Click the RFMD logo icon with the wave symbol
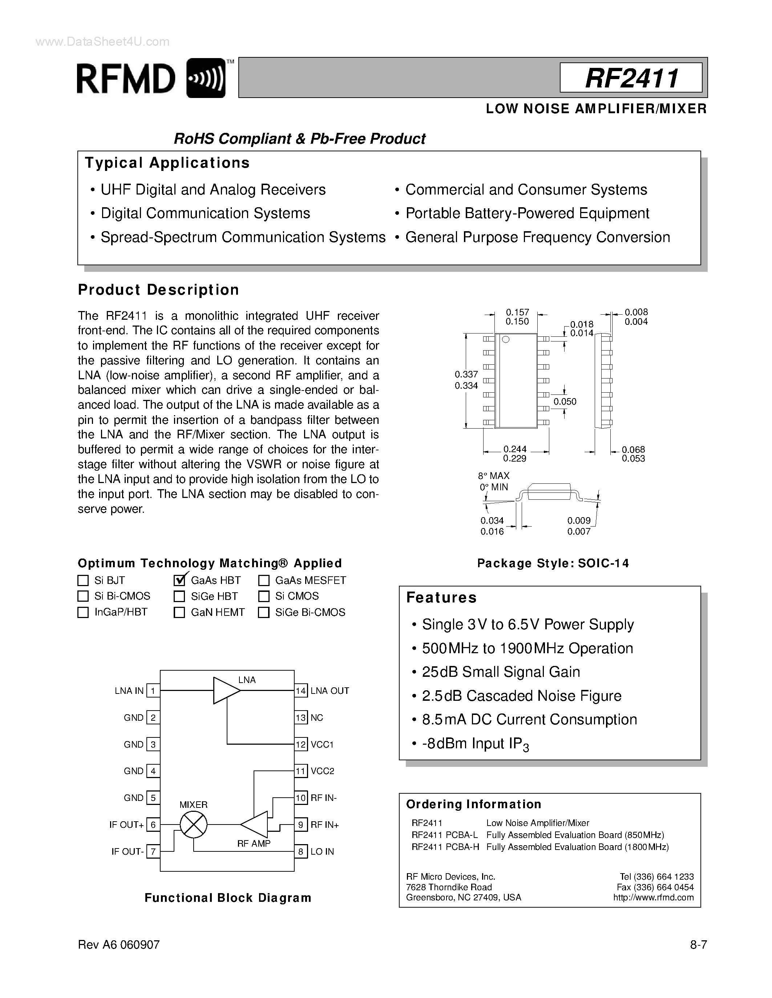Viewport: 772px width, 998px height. pos(206,78)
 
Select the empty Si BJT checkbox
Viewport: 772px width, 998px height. pos(83,580)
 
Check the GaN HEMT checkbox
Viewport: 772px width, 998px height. pos(179,612)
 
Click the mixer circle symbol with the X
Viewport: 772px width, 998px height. pos(194,825)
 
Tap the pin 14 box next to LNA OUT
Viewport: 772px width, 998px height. pos(300,691)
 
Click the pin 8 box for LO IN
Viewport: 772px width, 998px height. pos(300,851)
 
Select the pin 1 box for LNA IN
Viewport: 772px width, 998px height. pos(153,691)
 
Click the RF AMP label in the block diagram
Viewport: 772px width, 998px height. pos(254,843)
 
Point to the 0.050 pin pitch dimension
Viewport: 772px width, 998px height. pos(565,402)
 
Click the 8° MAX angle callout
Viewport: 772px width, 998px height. pos(493,476)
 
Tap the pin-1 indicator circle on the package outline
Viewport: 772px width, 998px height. pos(505,339)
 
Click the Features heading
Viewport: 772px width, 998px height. pos(441,598)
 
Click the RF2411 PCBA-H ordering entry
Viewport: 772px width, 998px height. pos(445,847)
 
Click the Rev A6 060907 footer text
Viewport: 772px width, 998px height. pos(118,945)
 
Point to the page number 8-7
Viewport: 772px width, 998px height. pos(698,945)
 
